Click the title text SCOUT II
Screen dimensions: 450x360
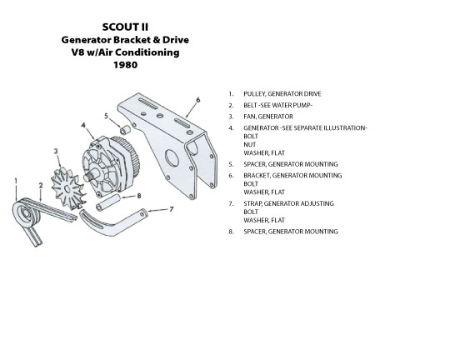click(x=125, y=27)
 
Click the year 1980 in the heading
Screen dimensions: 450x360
click(x=125, y=65)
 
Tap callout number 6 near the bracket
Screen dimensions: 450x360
click(x=198, y=100)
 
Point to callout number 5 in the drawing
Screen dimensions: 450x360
click(x=106, y=116)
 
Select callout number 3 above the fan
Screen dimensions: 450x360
click(x=56, y=151)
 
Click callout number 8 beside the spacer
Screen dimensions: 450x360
click(x=139, y=196)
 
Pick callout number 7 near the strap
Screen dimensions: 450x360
click(x=172, y=209)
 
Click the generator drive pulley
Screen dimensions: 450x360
click(x=27, y=214)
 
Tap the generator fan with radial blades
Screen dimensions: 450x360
click(x=68, y=188)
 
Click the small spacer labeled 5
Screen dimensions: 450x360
click(x=125, y=130)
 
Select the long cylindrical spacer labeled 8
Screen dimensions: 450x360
click(x=107, y=202)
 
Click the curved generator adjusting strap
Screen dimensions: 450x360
click(x=112, y=222)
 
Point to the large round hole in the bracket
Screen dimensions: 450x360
click(x=172, y=159)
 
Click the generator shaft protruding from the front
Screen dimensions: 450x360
click(x=90, y=176)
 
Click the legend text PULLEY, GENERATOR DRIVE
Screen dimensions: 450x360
click(x=282, y=94)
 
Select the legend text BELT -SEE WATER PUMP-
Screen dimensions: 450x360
click(x=277, y=105)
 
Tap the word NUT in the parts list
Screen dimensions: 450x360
click(x=250, y=145)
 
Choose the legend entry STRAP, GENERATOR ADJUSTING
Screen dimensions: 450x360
click(x=288, y=203)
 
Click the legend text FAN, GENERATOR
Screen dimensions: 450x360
click(x=268, y=117)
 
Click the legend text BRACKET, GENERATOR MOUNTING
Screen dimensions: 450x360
click(x=292, y=175)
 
